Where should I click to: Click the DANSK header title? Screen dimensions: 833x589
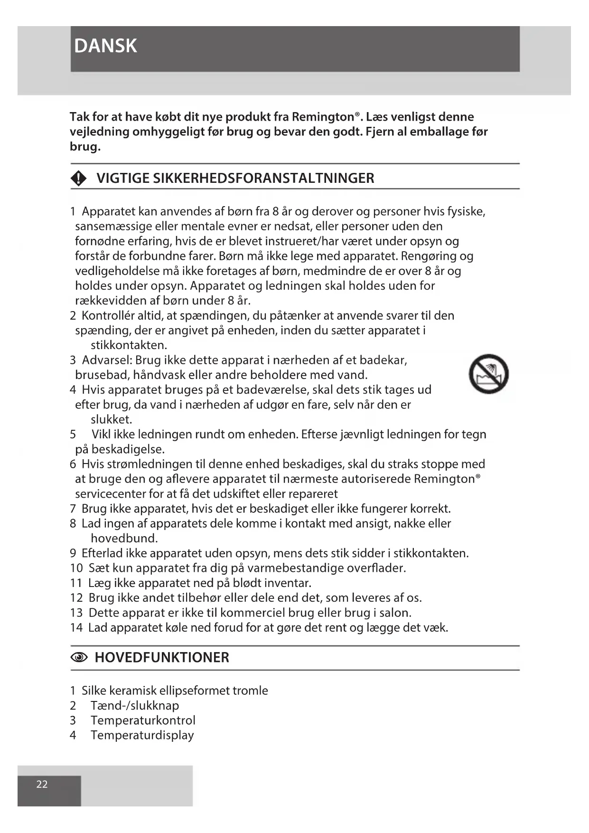click(105, 46)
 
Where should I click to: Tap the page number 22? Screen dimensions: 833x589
click(42, 784)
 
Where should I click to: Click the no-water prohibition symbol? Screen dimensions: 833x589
click(488, 374)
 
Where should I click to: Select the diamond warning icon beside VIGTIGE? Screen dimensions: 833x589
click(78, 179)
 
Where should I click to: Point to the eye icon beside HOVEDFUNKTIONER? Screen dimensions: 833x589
click(79, 658)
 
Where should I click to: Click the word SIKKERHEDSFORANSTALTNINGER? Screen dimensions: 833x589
click(263, 179)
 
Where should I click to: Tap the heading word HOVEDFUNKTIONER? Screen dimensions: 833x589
click(162, 658)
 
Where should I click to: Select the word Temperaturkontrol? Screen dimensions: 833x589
click(143, 720)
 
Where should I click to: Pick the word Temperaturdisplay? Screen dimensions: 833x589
click(142, 735)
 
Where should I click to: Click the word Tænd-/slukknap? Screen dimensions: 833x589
click(135, 706)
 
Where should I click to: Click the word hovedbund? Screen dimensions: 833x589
click(124, 539)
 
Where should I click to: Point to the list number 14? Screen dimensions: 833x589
click(76, 628)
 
